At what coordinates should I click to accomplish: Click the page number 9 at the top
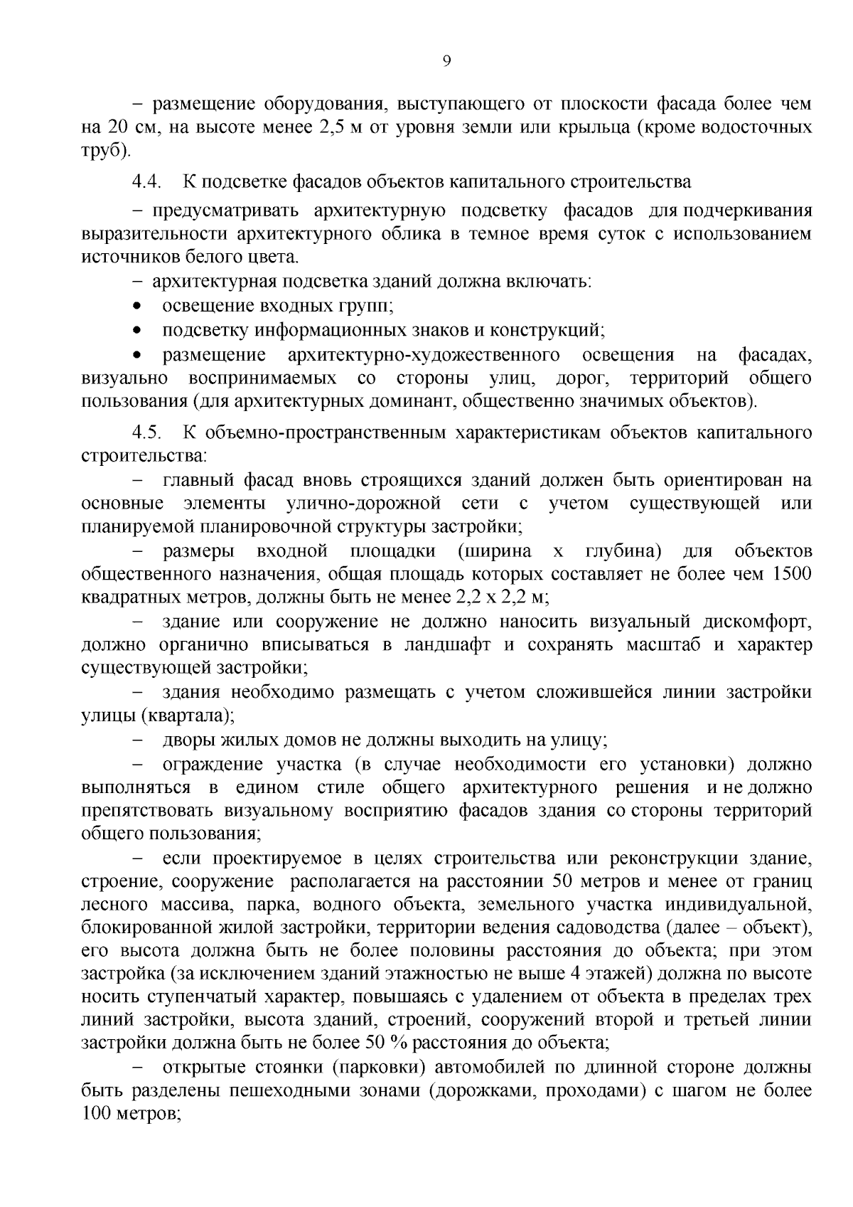coord(446,61)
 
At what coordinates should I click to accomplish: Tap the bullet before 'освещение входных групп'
coord(137,306)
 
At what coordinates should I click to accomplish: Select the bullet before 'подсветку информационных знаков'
coord(137,330)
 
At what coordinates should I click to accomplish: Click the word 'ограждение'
coord(205,764)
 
